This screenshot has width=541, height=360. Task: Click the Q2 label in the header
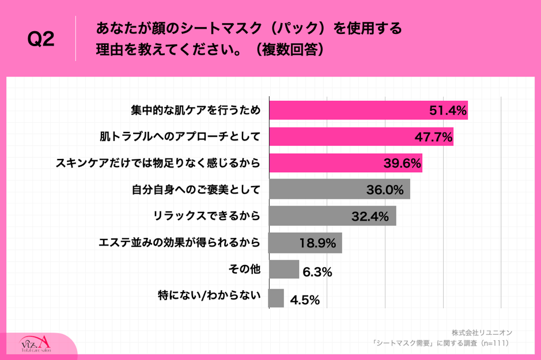(41, 40)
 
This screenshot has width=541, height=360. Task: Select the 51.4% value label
(448, 111)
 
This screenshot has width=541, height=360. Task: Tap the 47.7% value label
(433, 137)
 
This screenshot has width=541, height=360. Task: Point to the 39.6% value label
(402, 164)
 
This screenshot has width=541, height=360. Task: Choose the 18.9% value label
(317, 243)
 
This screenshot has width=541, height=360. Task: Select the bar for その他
(284, 269)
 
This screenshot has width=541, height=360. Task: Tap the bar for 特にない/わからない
(277, 298)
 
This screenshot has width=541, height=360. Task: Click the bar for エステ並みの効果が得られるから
(305, 243)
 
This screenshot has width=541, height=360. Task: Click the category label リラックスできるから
(207, 216)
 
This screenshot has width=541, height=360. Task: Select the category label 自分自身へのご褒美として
(196, 189)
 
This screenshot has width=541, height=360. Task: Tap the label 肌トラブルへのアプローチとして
(180, 137)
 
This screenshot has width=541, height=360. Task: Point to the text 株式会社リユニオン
(482, 333)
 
